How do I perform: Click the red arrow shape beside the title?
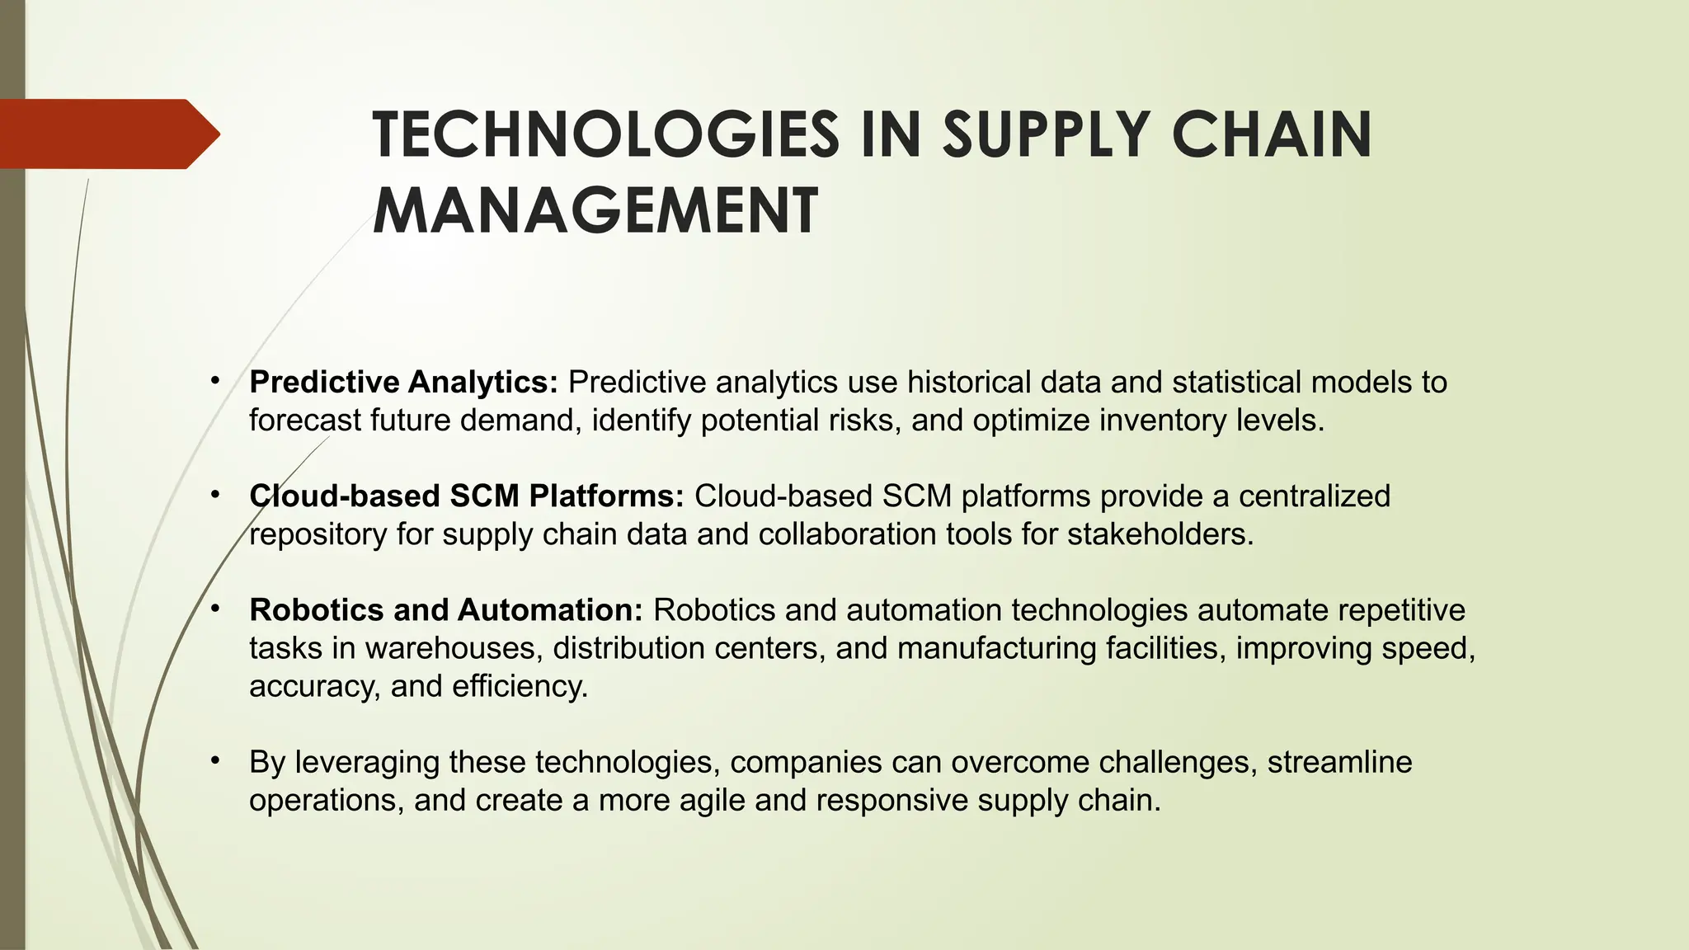point(107,134)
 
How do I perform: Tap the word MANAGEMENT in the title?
point(595,211)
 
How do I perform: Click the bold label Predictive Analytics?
point(404,383)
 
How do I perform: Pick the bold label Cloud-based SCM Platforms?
point(467,496)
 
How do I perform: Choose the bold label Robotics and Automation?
point(446,610)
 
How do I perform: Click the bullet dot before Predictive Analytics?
point(214,381)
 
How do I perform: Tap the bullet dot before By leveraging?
point(214,760)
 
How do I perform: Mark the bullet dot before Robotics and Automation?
point(214,609)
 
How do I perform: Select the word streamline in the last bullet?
point(1339,762)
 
